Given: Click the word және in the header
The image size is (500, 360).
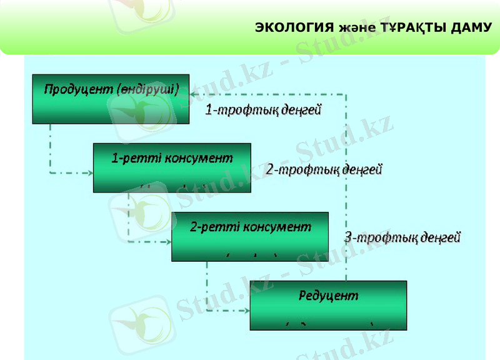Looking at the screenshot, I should pos(357,29).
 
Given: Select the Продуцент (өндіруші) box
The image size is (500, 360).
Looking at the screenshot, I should pos(111,99).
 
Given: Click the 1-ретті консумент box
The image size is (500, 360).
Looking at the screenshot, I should pos(172,167).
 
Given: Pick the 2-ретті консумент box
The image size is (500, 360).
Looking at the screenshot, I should pos(250,236).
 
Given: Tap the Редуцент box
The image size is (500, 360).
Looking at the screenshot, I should pos(328,305).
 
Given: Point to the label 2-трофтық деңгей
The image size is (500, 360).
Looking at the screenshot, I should pos(324,169).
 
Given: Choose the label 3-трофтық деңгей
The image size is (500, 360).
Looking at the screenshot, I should pos(402,237).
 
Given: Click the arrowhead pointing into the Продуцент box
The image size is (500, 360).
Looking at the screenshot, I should pos(194,95).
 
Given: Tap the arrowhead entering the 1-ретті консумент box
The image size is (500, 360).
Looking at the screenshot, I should pos(89,172).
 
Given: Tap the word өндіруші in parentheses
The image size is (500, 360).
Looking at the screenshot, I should pos(148,89).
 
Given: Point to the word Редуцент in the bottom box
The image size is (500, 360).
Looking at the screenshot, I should pos(327,295).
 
